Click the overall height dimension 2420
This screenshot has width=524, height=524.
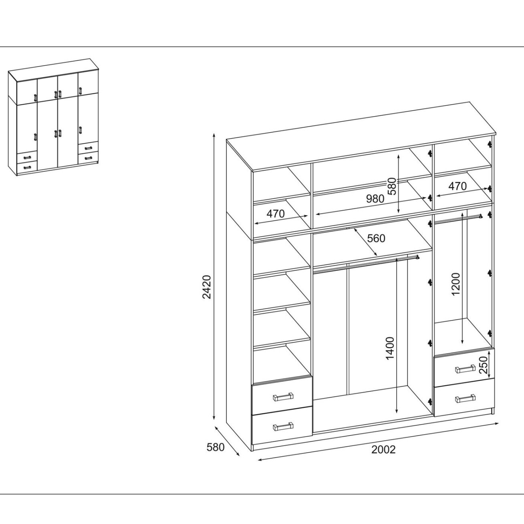tap(207, 287)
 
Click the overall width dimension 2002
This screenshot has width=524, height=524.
tap(383, 449)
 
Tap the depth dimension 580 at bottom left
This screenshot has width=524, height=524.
tap(216, 447)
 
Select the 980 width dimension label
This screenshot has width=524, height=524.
tap(375, 199)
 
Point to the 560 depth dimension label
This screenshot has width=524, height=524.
tap(376, 238)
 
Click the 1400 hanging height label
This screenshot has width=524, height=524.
tap(390, 348)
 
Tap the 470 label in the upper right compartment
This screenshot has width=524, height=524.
tap(457, 186)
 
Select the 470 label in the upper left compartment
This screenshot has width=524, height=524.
tap(276, 214)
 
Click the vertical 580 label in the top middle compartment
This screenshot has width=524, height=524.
tap(392, 186)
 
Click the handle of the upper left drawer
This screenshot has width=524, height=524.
tap(283, 397)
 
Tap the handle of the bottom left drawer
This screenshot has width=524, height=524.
tap(283, 427)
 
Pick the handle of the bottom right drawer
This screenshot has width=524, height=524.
tap(465, 398)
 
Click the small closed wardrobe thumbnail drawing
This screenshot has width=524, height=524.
tap(53, 117)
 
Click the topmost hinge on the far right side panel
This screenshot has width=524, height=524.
tap(490, 144)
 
